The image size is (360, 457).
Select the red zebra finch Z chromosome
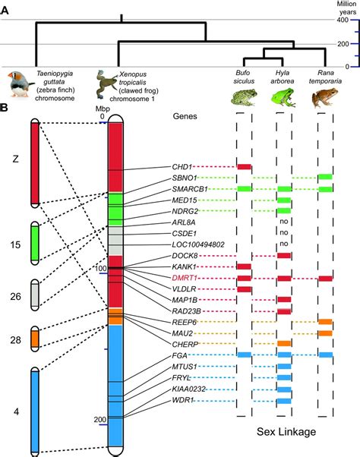coord(35,162)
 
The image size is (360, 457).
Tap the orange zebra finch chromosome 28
coord(35,338)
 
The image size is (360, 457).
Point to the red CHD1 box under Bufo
coord(244,166)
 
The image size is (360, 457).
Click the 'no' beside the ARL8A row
coord(284,222)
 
